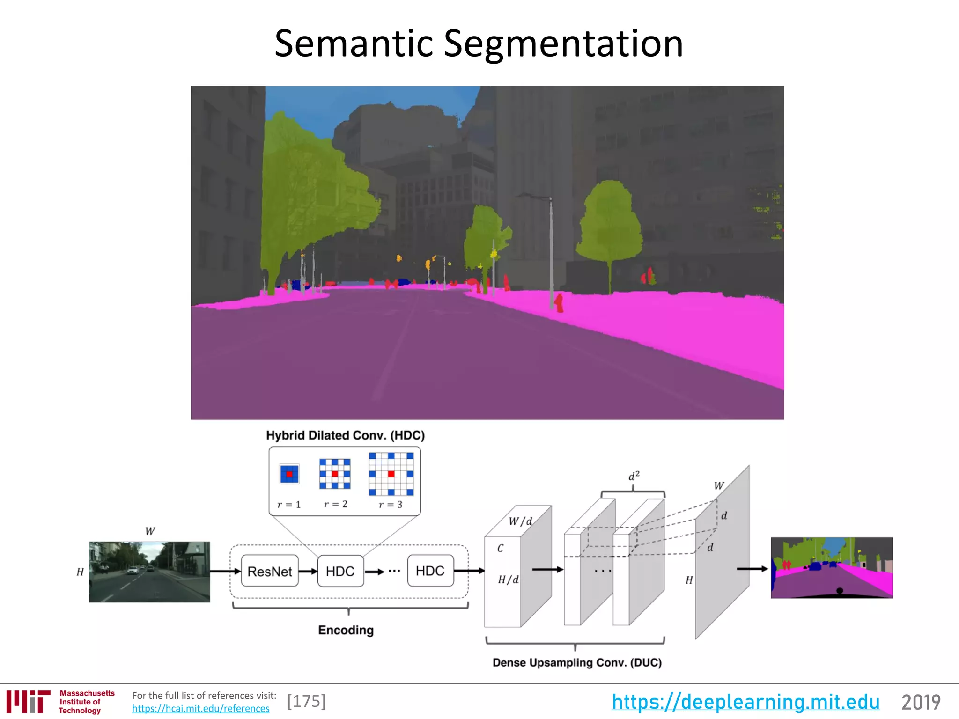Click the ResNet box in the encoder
[270, 571]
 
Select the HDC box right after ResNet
[340, 571]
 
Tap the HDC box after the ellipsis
[430, 571]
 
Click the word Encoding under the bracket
[346, 630]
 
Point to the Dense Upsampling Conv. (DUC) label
[577, 662]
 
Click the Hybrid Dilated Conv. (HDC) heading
[345, 435]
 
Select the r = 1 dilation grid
[289, 474]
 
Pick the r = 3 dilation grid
[391, 474]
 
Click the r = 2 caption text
[336, 504]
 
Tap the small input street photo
[149, 572]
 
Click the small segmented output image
[832, 568]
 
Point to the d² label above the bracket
[634, 477]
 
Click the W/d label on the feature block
[520, 521]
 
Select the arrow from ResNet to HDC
[308, 572]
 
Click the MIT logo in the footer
[28, 701]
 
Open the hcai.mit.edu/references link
[200, 708]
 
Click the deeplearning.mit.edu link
[745, 702]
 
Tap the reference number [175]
[306, 701]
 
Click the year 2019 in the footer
[921, 702]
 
